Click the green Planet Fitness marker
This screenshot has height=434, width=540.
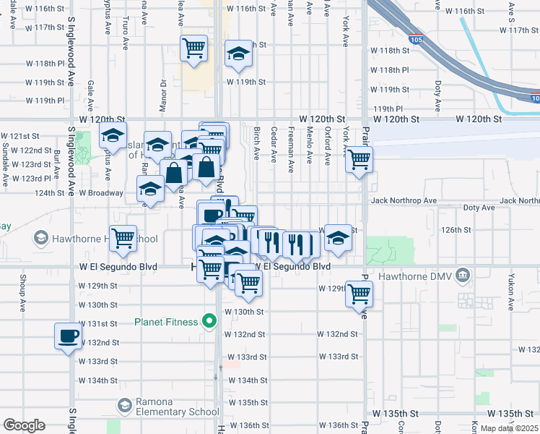pyautogui.click(x=210, y=320)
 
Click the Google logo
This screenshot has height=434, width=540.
pyautogui.click(x=24, y=425)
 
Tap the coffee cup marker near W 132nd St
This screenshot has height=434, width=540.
pyautogui.click(x=69, y=336)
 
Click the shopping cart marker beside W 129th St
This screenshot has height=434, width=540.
pyautogui.click(x=359, y=294)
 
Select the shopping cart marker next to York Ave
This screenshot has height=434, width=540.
pyautogui.click(x=359, y=159)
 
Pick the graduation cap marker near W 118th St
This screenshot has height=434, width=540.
pyautogui.click(x=238, y=54)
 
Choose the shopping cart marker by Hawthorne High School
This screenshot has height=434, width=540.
pyautogui.click(x=123, y=238)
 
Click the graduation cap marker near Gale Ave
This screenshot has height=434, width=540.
pyautogui.click(x=113, y=135)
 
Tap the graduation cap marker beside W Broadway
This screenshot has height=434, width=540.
pyautogui.click(x=150, y=190)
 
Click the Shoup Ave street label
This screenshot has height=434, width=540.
pyautogui.click(x=23, y=299)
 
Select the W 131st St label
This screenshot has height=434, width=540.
pyautogui.click(x=97, y=323)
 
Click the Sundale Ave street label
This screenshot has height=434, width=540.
pyautogui.click(x=6, y=155)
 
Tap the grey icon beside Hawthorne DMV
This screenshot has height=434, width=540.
pyautogui.click(x=463, y=275)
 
